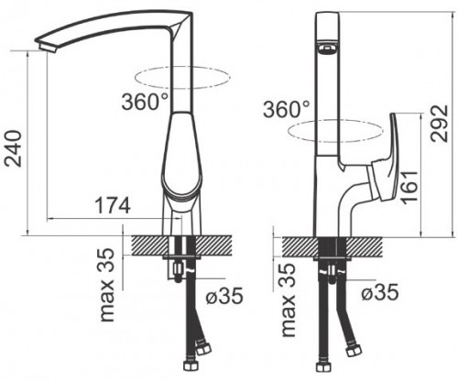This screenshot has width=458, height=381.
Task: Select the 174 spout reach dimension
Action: (x=113, y=205)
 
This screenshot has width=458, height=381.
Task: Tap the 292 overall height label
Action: (x=439, y=124)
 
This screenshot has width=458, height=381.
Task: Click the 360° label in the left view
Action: (x=145, y=101)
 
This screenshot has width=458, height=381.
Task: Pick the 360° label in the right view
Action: (x=286, y=109)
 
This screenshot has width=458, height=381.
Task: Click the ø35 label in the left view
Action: (x=224, y=296)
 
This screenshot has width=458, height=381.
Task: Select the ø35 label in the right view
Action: (x=380, y=292)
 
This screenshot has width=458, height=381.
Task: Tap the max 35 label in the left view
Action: (x=107, y=285)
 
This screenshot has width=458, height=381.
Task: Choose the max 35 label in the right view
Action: (x=289, y=299)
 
